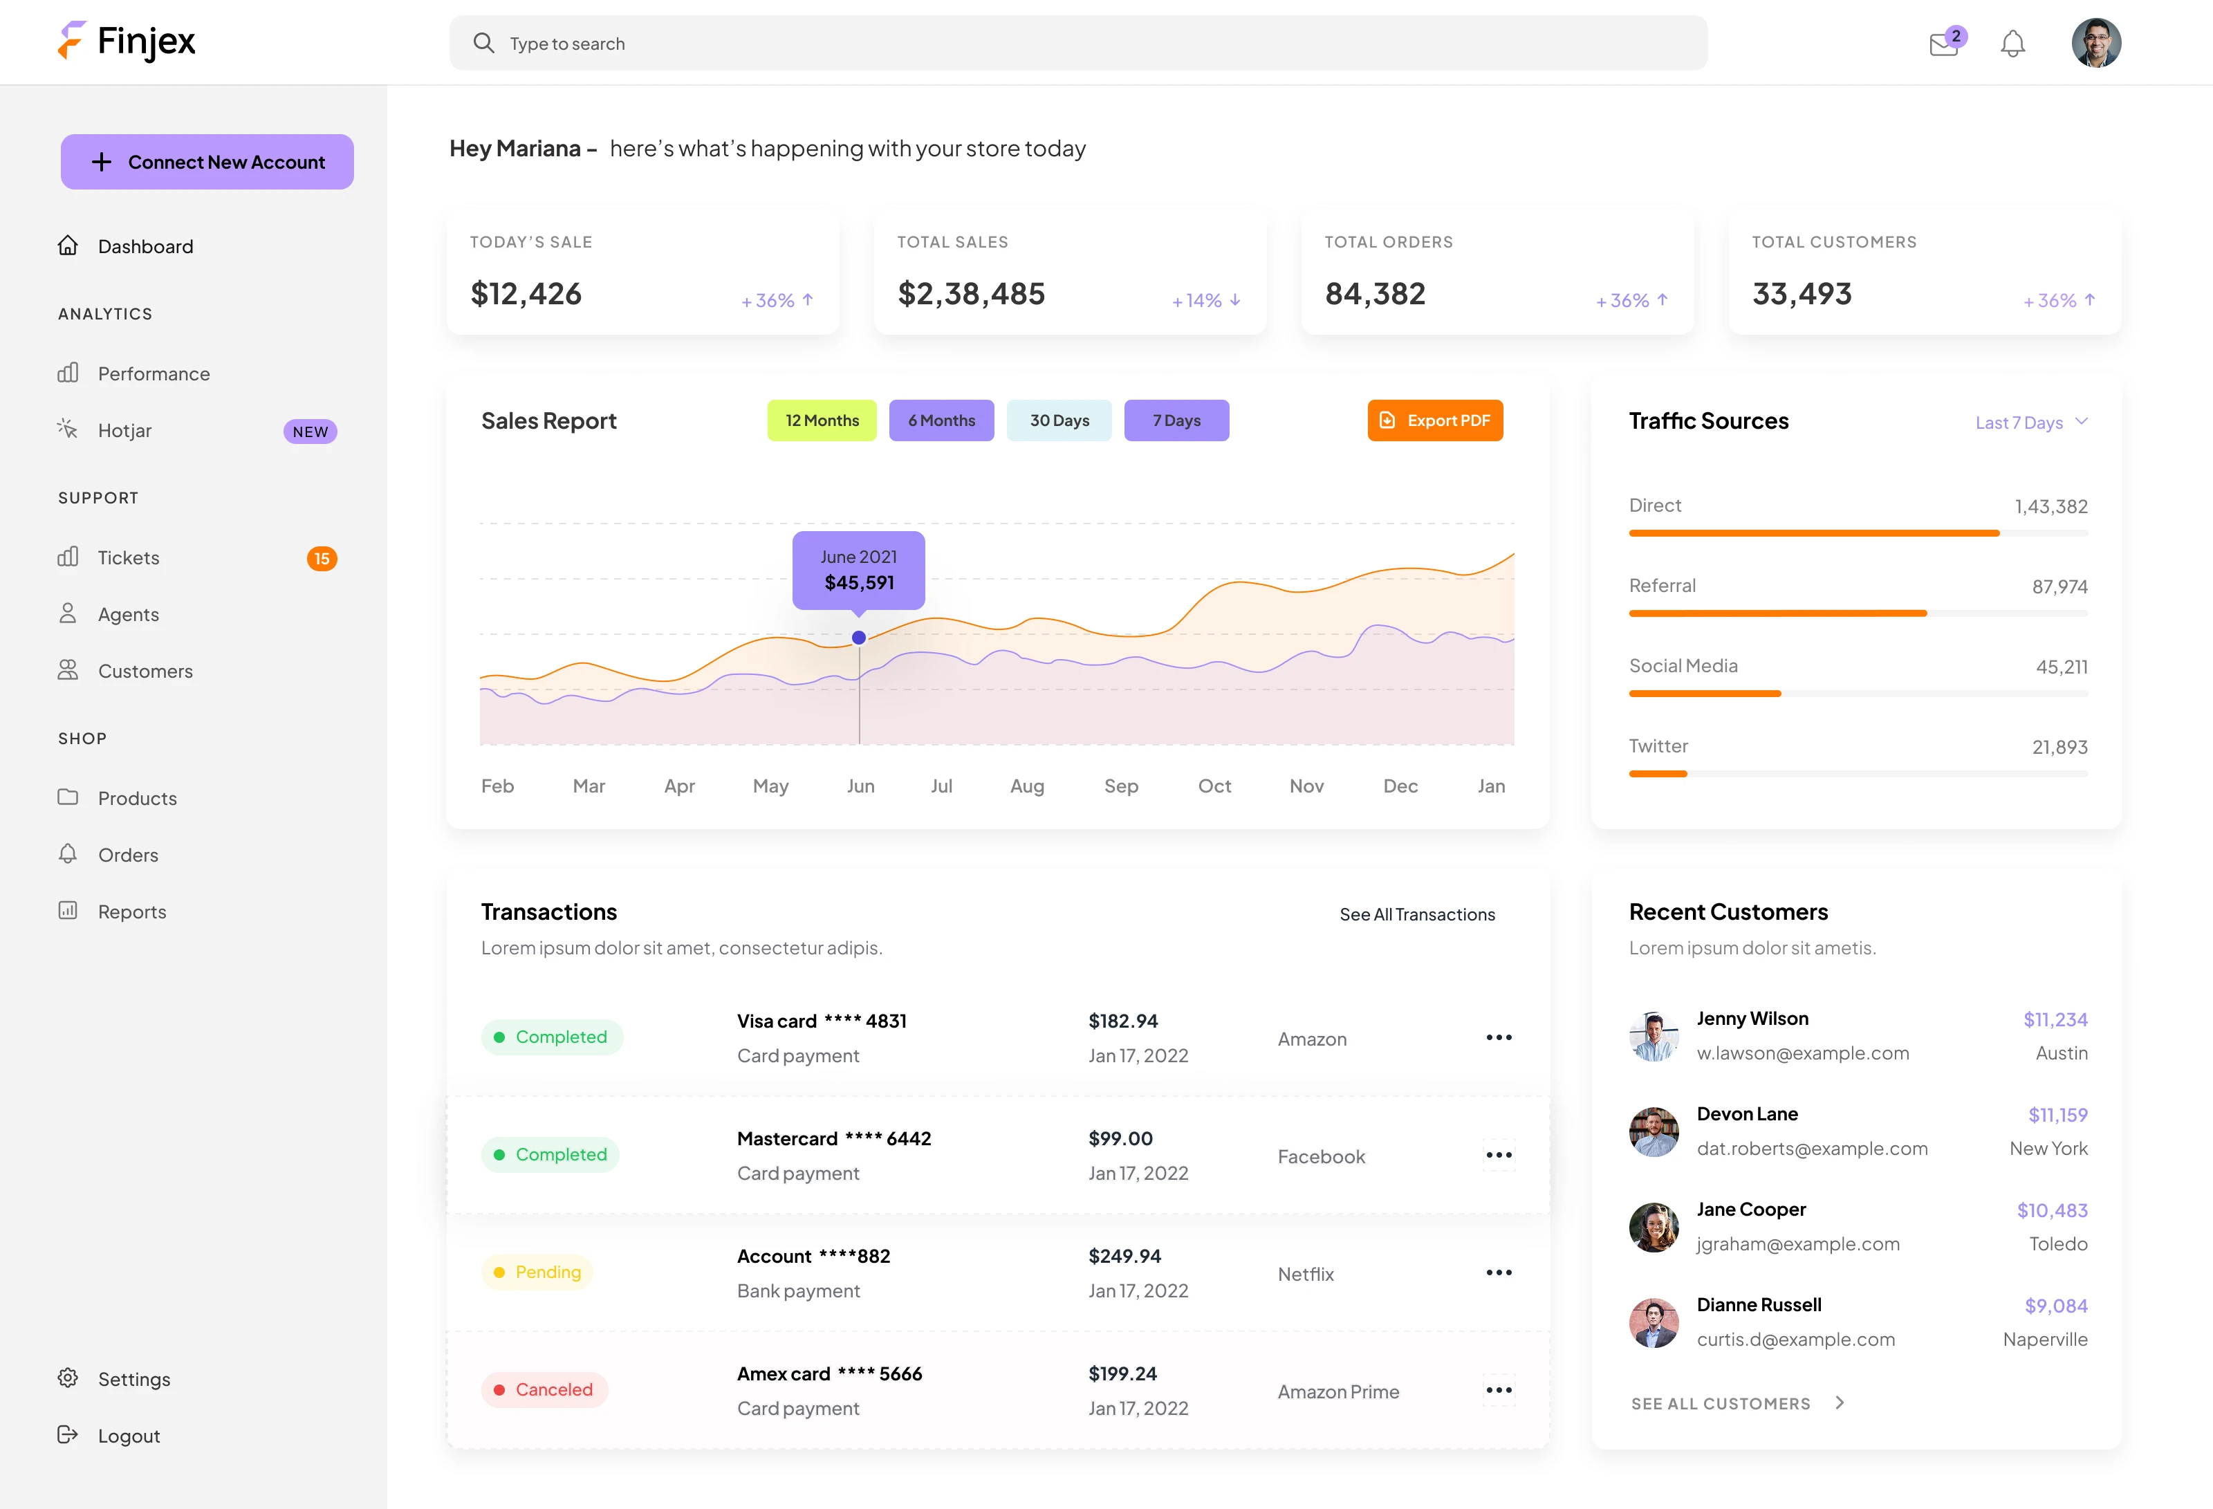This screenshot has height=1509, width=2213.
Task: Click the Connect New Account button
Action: point(207,162)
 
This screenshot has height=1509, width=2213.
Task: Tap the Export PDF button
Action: point(1434,420)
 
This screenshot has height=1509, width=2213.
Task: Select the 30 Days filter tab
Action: point(1059,420)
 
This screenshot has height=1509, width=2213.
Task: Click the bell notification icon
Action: point(2012,44)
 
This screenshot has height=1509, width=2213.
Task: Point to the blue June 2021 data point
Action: point(859,638)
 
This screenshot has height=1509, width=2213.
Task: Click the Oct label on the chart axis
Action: point(1214,786)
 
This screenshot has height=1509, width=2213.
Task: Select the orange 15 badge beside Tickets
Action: point(322,559)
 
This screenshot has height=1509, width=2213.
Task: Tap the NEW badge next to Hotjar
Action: point(311,432)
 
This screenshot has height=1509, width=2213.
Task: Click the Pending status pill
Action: point(537,1272)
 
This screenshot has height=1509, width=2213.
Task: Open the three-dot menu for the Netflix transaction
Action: point(1499,1273)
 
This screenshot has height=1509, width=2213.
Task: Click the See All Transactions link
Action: point(1417,915)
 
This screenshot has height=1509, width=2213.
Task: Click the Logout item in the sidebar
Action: point(129,1436)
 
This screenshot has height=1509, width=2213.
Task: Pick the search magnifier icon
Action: point(483,43)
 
